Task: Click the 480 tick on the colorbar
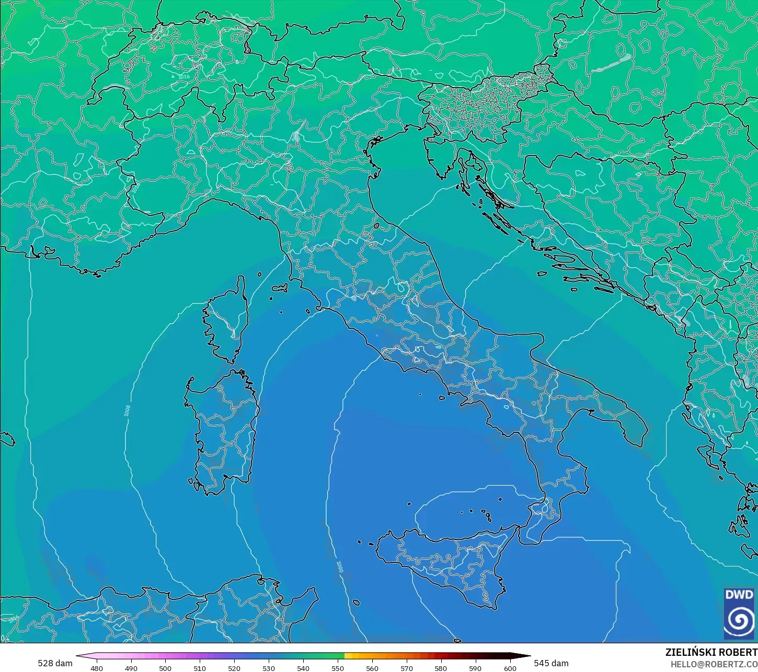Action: pos(97,668)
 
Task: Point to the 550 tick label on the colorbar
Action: pos(338,668)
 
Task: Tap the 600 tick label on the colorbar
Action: pos(510,668)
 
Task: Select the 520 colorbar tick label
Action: pos(234,668)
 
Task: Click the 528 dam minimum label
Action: pos(55,663)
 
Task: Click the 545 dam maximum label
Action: pos(551,663)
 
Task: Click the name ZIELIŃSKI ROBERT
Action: pos(711,652)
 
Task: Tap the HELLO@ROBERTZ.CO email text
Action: pos(714,664)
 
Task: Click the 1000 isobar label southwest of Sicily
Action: pos(339,567)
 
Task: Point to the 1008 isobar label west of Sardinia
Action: pos(127,410)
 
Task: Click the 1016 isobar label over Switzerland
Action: pos(183,77)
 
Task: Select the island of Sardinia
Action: pos(222,433)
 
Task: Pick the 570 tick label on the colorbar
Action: pos(406,668)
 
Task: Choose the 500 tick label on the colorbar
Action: pos(165,668)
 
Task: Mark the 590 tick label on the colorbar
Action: pos(475,668)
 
